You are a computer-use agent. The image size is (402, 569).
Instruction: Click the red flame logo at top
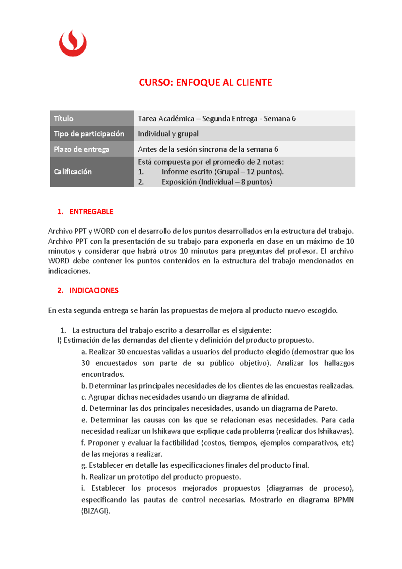(73, 44)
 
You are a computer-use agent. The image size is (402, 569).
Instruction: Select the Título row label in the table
(64, 118)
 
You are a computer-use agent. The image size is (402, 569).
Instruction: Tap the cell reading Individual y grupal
(168, 134)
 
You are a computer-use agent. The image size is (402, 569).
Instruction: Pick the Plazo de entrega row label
(81, 149)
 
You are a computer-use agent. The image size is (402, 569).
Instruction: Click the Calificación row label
(73, 171)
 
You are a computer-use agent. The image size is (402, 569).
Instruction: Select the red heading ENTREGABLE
(91, 212)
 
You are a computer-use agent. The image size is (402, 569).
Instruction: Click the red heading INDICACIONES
(94, 291)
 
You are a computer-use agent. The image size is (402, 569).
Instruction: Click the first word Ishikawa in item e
(166, 431)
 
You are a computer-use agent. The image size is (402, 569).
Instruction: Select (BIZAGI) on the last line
(95, 511)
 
